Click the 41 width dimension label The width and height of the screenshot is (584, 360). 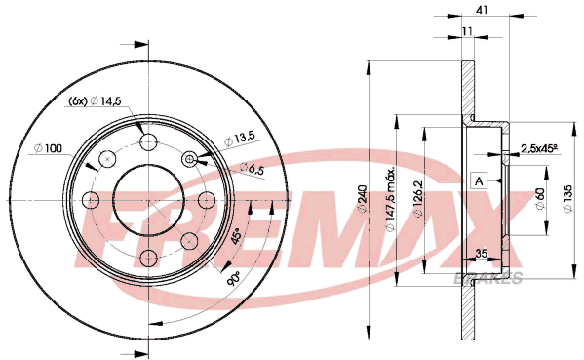click(482, 10)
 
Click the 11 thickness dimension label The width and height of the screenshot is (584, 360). click(467, 31)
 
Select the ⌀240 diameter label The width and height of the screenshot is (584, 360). click(362, 200)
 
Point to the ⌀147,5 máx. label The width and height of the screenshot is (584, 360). click(390, 200)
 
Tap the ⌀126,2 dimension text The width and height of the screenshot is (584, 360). click(418, 199)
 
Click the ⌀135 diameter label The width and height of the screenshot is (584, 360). click(568, 199)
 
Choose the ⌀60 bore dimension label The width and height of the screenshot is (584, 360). click(540, 199)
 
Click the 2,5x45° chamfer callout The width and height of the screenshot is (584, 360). click(538, 148)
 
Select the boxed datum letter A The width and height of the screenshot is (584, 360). click(479, 181)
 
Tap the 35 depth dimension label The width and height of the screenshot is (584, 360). click(482, 254)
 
